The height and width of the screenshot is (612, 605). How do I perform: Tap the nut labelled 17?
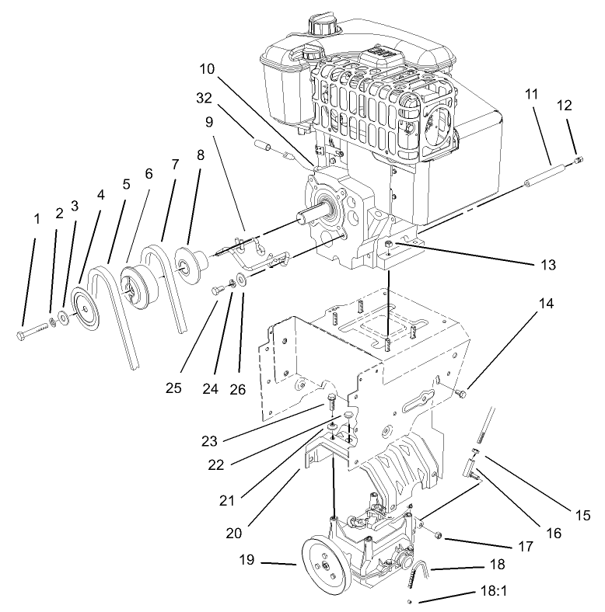point(437,535)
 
